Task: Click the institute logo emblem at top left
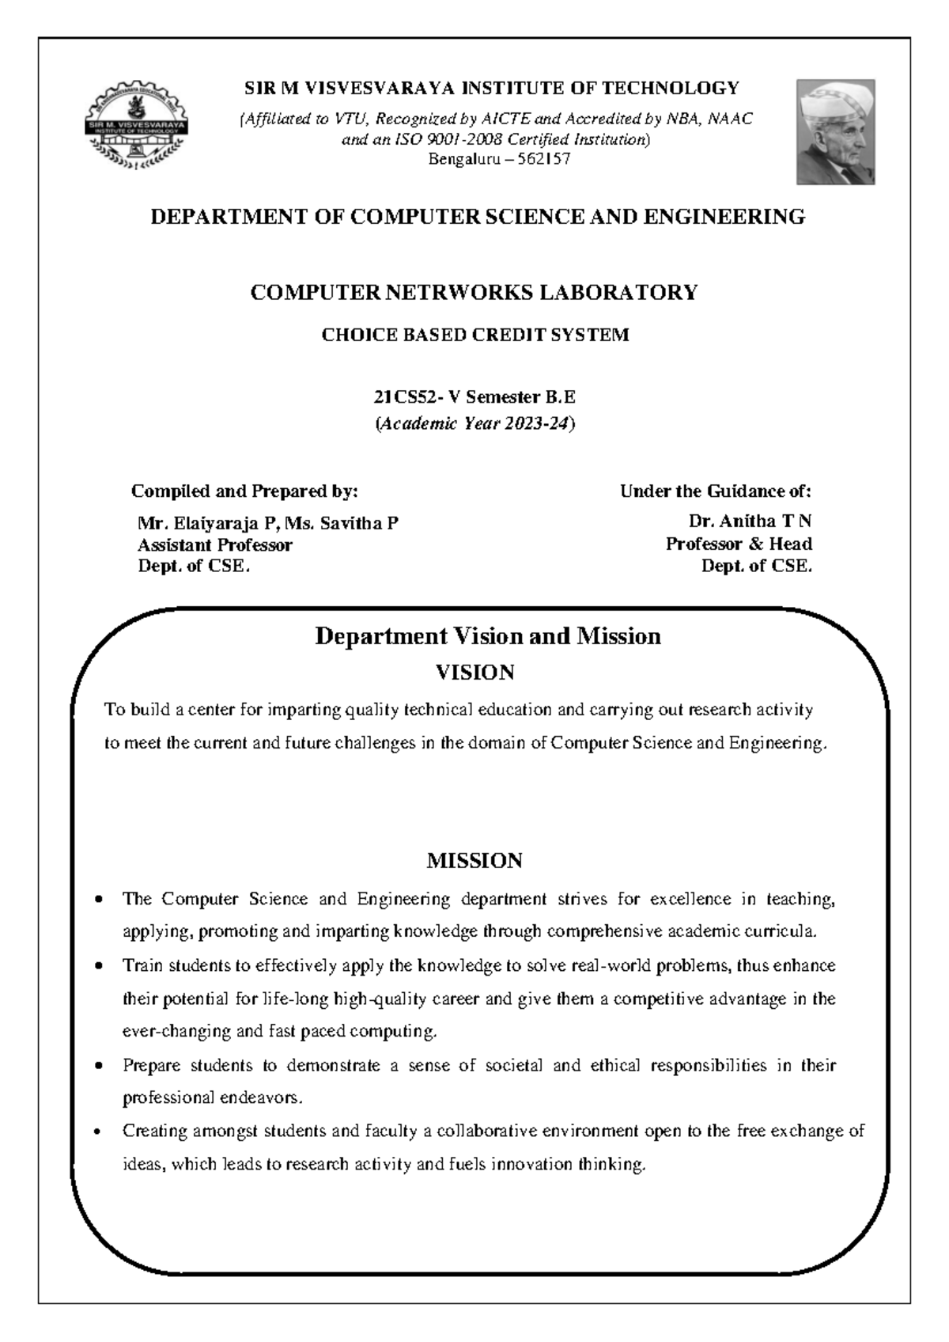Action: [137, 126]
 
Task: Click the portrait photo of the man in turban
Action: [835, 131]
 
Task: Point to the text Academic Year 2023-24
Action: [475, 424]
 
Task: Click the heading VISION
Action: [475, 673]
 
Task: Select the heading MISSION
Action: [475, 861]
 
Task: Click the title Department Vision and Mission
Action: [487, 636]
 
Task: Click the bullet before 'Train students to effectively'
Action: [98, 967]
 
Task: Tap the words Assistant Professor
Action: [214, 545]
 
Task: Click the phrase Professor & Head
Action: [739, 544]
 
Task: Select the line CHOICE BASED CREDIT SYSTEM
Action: [475, 335]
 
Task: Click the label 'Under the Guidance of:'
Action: [715, 491]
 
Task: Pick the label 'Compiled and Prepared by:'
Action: [244, 491]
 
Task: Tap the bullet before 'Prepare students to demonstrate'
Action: [98, 1066]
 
